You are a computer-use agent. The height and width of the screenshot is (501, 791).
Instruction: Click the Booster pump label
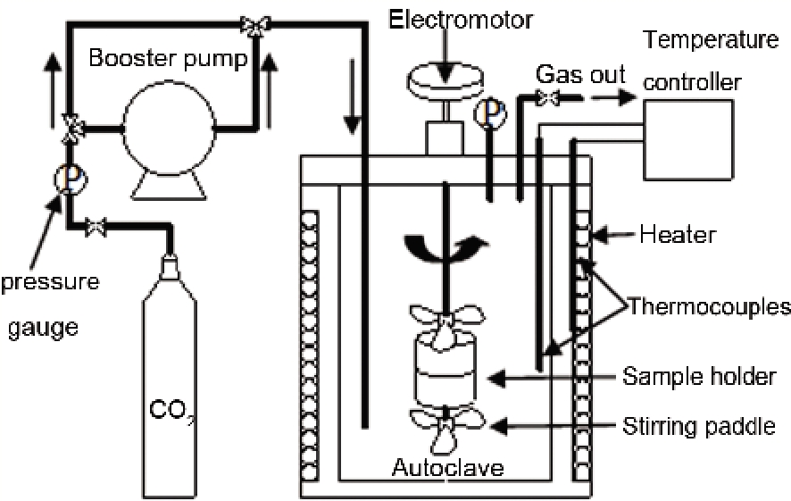tap(169, 60)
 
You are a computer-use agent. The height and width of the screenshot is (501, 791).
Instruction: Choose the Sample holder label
tap(699, 377)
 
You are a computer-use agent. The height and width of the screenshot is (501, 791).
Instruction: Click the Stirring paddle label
tap(700, 426)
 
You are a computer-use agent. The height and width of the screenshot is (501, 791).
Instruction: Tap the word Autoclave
tap(447, 466)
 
